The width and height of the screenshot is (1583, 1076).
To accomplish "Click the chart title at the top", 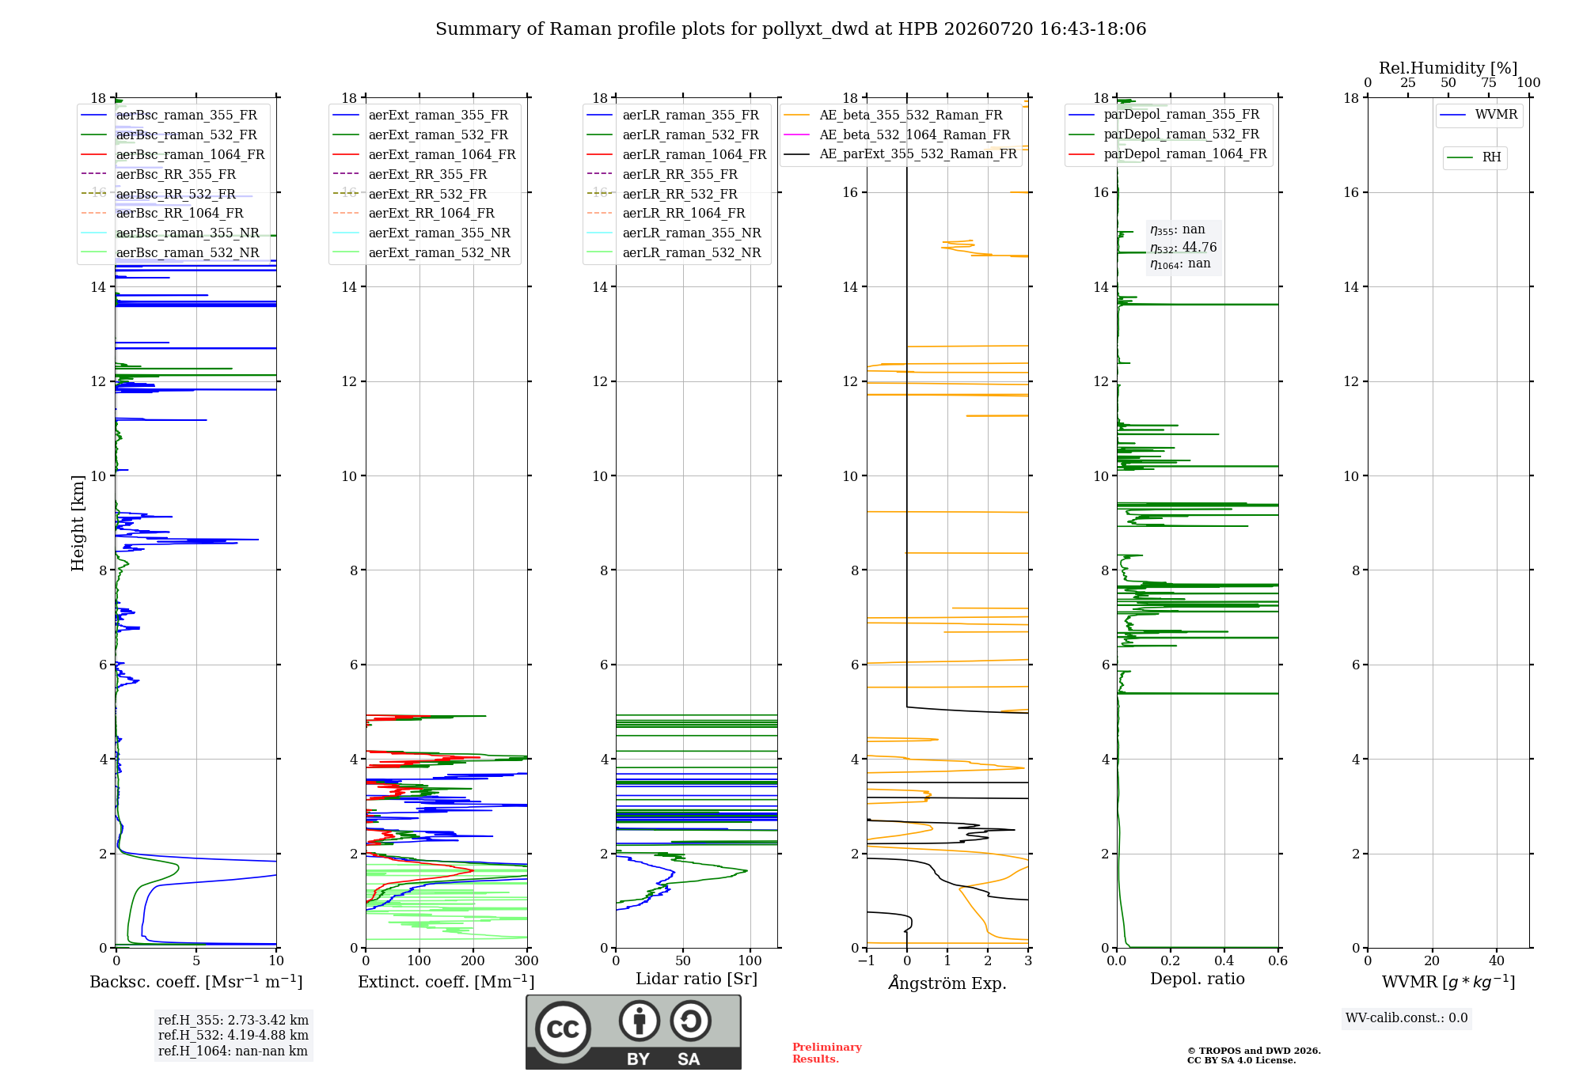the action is click(x=791, y=29).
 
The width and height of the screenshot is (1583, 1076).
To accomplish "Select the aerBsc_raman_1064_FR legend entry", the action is click(x=173, y=154).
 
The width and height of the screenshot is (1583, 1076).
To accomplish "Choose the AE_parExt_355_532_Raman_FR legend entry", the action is click(x=901, y=153).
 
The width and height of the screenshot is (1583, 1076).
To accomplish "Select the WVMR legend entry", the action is click(x=1479, y=115).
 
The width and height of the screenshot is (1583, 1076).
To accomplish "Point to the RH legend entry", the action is click(x=1474, y=157).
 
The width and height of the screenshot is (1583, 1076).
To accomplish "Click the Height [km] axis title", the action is click(x=78, y=522).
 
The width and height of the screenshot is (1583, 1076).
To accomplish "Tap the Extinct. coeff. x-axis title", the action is click(x=446, y=982).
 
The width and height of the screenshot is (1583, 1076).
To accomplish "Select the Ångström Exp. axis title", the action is click(x=947, y=983).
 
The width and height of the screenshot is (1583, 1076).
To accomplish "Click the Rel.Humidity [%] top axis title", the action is click(x=1448, y=68).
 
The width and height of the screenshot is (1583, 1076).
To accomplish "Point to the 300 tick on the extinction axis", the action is click(x=526, y=960).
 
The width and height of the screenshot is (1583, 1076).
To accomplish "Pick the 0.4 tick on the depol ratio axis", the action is click(x=1224, y=960).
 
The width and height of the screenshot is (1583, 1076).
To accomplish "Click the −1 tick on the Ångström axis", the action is click(x=867, y=960).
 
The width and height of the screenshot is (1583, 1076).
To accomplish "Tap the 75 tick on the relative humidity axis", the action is click(x=1489, y=82).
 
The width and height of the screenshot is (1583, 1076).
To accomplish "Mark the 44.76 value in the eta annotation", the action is click(x=1200, y=248).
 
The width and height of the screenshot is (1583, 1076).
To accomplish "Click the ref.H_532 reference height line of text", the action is click(x=233, y=1035).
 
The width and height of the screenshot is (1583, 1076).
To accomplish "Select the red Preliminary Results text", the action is click(x=827, y=1053).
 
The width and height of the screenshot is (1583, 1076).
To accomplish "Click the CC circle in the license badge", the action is click(x=563, y=1029).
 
